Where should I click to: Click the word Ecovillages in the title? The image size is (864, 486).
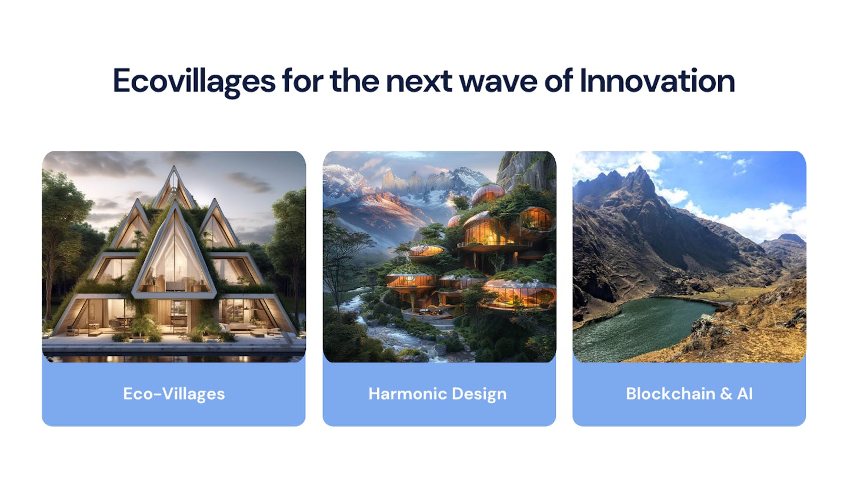[x=194, y=82]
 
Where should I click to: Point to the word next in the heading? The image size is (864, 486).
[x=419, y=82]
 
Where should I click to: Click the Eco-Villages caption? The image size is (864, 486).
[x=174, y=394]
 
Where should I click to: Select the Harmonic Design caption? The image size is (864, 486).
[x=438, y=394]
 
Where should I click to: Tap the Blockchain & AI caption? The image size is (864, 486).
[x=689, y=394]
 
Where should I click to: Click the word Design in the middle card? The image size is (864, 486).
[x=479, y=394]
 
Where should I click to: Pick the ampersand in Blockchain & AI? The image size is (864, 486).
[x=726, y=394]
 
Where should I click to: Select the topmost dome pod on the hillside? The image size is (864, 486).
[x=488, y=194]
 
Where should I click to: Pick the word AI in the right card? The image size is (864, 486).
[x=745, y=394]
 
